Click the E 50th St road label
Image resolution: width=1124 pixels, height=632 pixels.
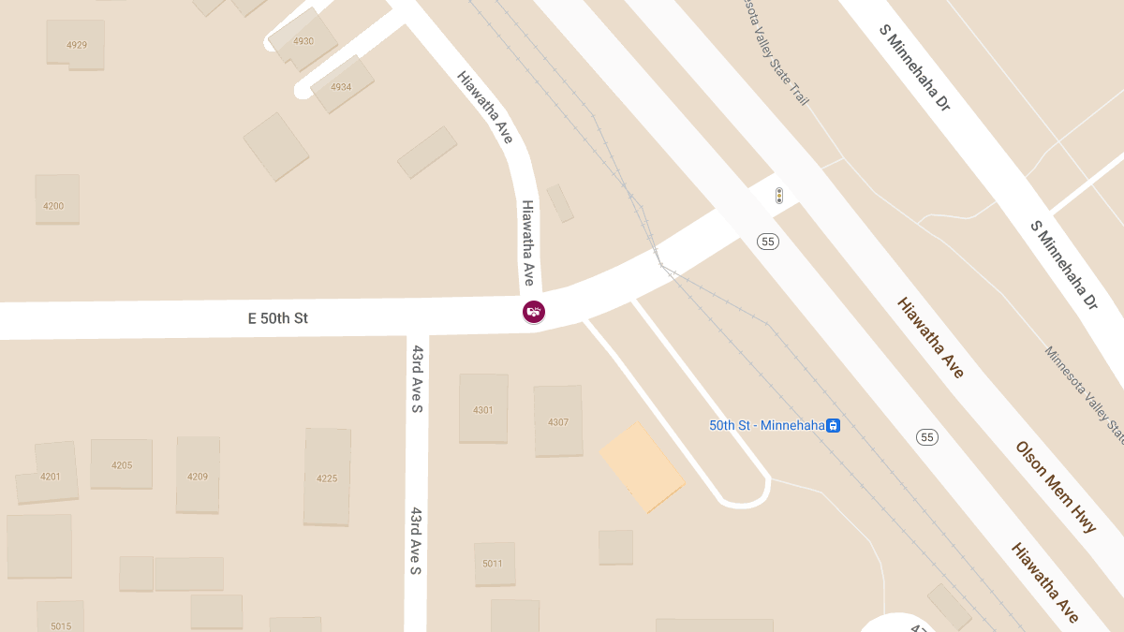[x=277, y=318]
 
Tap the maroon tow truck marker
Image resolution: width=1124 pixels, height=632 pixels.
[x=534, y=312]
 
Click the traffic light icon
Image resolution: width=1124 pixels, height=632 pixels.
[x=778, y=196]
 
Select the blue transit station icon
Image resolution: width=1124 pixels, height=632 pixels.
[x=833, y=425]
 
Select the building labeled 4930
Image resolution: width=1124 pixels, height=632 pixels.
[x=303, y=41]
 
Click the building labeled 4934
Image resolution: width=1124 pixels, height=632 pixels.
[x=341, y=86]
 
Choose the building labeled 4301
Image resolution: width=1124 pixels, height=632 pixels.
[x=482, y=410]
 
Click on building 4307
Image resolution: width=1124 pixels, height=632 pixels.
[x=558, y=421]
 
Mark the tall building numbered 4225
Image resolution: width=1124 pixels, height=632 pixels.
[x=327, y=478]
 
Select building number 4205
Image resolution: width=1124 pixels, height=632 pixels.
[x=122, y=464]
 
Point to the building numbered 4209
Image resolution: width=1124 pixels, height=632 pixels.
[x=198, y=476]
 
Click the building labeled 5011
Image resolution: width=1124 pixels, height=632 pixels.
[x=493, y=563]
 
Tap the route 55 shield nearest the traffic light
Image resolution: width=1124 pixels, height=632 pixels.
[x=768, y=242]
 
